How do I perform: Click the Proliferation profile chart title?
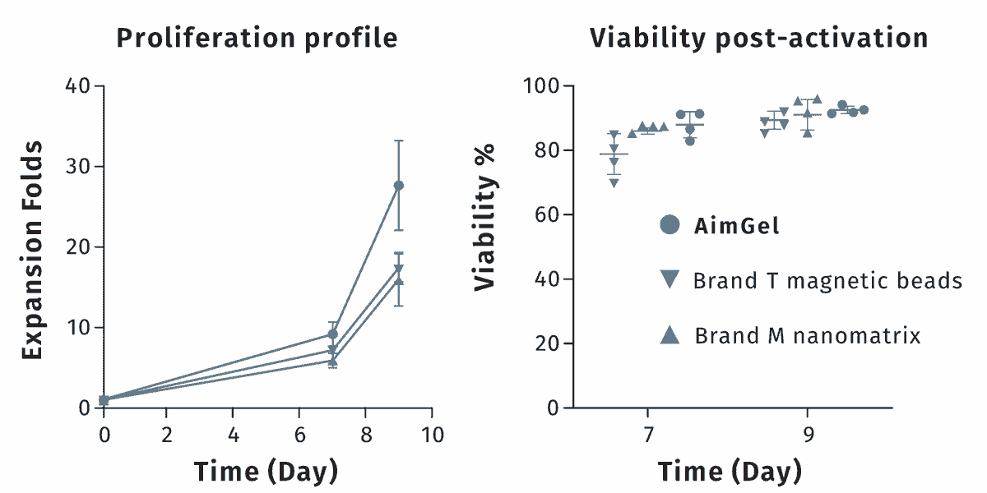tap(257, 39)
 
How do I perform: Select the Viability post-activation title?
tap(758, 39)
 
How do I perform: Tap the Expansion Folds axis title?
tap(33, 250)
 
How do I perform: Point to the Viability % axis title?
tap(484, 218)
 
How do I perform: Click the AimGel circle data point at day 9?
tap(398, 186)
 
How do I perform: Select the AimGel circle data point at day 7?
tap(332, 334)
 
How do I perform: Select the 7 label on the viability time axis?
tap(648, 435)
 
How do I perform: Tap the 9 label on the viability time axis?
tap(808, 435)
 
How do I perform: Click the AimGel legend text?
tap(736, 226)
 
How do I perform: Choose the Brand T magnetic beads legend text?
tap(827, 281)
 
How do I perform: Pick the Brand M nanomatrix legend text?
tap(808, 336)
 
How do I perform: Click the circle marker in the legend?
tap(670, 225)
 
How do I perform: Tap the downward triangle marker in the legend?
tap(670, 279)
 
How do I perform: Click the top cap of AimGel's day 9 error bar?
tap(398, 141)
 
